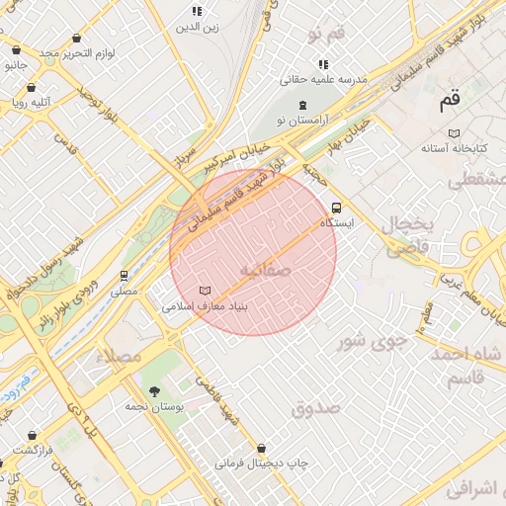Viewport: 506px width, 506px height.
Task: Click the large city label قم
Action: coord(451,99)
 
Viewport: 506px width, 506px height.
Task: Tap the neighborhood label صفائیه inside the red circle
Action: coord(265,269)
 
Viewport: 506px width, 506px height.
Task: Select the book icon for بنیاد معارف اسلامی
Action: coord(205,291)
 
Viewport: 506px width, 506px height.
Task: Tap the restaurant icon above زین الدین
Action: coord(197,11)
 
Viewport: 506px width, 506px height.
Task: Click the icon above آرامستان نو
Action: coord(301,105)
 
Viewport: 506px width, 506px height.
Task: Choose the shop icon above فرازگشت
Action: coord(33,434)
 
